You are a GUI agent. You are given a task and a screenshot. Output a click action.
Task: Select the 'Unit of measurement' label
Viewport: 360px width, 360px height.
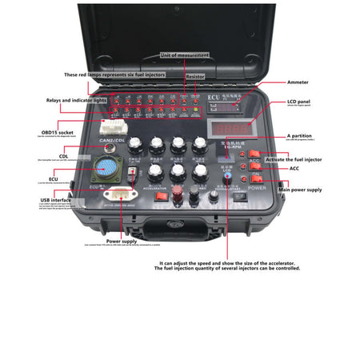tap(185, 55)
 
